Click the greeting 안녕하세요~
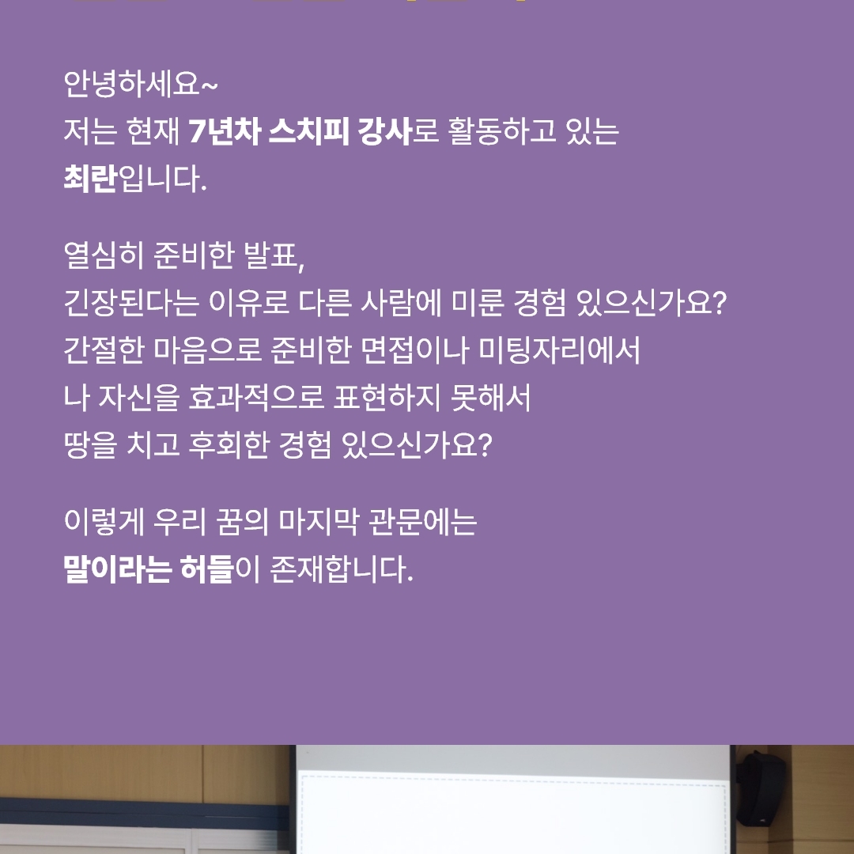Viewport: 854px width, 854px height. [141, 84]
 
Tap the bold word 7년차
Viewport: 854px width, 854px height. [224, 131]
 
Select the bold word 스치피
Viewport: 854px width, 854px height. [309, 131]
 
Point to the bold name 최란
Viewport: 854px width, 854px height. [90, 179]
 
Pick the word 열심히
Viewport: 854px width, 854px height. [104, 255]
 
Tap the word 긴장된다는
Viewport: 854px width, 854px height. [131, 302]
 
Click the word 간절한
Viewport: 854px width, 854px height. [104, 350]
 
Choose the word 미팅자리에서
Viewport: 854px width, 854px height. [559, 350]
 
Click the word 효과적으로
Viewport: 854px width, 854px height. [256, 397]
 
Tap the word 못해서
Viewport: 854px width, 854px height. [491, 397]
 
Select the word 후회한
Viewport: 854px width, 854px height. [229, 445]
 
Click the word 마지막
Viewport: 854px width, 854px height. [319, 521]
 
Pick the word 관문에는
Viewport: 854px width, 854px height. [422, 521]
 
